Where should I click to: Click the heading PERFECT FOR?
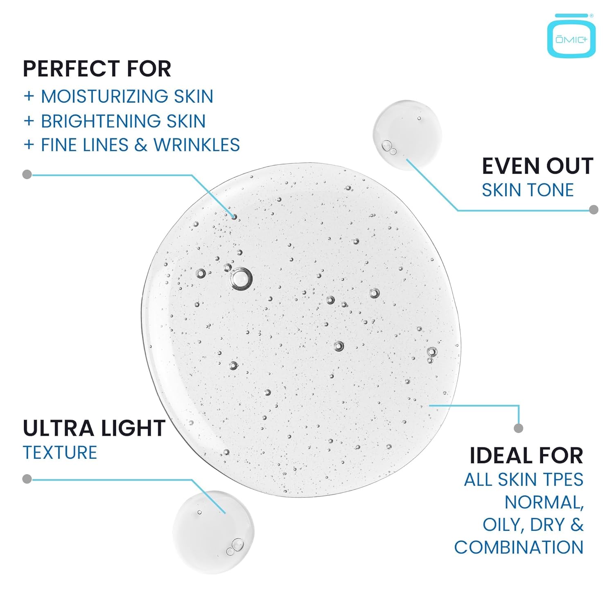coord(97,69)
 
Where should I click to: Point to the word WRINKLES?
coord(196,145)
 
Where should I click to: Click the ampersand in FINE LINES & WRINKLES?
coord(140,145)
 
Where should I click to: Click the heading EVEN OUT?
coord(537,166)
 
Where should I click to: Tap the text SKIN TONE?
coord(528,190)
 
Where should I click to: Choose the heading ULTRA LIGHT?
coord(94,429)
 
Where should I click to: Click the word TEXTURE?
coord(60,453)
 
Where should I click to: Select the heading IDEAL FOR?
coord(526,456)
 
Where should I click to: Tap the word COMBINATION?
coord(519,548)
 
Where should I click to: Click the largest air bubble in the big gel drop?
coord(241,279)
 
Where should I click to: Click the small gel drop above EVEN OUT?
coord(407,134)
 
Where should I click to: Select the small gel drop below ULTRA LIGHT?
coord(213,532)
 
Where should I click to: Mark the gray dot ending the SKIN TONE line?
coord(594,210)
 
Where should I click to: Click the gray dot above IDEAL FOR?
coord(518,428)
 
